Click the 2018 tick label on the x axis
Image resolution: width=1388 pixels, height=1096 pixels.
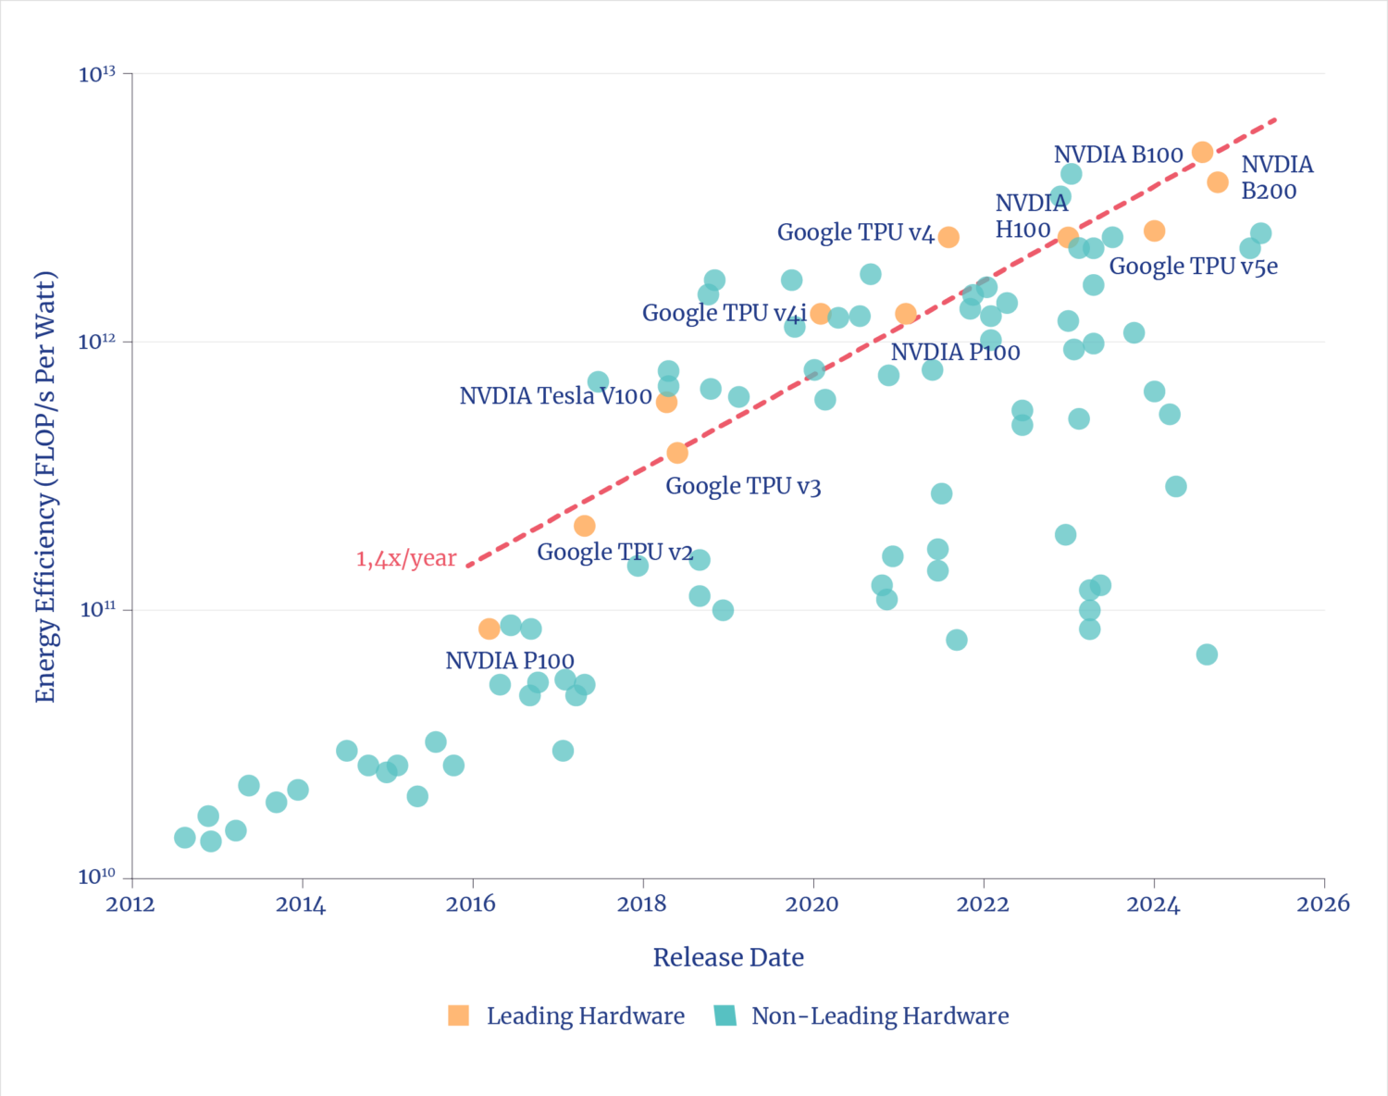click(x=641, y=904)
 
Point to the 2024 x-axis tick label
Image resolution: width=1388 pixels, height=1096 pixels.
click(x=1153, y=904)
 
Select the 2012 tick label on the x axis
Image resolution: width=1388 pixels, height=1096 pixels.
click(x=130, y=904)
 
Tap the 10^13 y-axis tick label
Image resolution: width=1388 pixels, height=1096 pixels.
click(x=96, y=74)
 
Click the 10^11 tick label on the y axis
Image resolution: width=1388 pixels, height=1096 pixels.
click(x=96, y=610)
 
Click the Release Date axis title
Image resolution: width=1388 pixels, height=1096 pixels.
click(x=728, y=957)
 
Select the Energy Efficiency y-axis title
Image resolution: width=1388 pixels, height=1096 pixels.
click(x=46, y=487)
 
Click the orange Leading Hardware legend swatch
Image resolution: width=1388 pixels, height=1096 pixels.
click(x=459, y=1015)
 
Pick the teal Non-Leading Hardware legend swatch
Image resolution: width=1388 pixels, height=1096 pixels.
click(x=725, y=1015)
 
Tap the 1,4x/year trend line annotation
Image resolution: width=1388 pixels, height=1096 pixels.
click(x=406, y=559)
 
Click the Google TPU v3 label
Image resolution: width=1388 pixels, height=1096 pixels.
click(x=743, y=486)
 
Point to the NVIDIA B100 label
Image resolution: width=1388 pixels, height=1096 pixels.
click(x=1118, y=155)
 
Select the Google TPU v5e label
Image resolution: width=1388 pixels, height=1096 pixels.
click(x=1193, y=267)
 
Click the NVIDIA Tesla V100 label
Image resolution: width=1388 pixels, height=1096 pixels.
click(x=555, y=396)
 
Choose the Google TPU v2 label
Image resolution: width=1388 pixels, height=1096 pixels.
click(x=614, y=553)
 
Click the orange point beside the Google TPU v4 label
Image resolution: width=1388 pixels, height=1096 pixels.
click(x=948, y=237)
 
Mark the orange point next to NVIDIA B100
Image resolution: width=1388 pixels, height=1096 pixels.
click(x=1202, y=152)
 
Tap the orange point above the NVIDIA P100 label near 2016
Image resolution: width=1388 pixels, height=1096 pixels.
click(x=490, y=629)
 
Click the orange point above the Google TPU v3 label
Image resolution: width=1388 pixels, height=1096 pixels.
click(x=677, y=453)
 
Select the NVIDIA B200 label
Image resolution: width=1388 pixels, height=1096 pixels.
click(x=1277, y=178)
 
